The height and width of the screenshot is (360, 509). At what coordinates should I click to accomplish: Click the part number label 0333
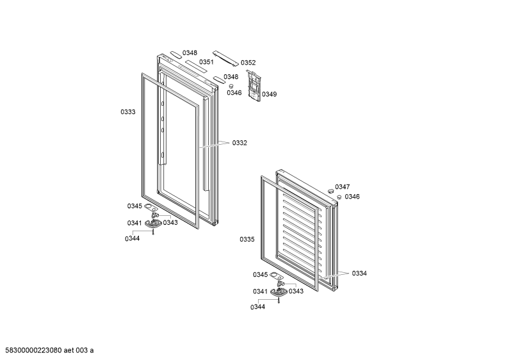[x=128, y=112]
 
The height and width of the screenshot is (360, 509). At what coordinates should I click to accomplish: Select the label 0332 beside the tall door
[x=239, y=143]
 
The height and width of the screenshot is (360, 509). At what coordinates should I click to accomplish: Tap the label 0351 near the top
[x=206, y=62]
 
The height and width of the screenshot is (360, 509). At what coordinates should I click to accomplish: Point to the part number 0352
[x=248, y=63]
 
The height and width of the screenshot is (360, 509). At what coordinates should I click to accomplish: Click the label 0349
[x=270, y=94]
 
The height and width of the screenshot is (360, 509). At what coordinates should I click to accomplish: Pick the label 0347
[x=343, y=187]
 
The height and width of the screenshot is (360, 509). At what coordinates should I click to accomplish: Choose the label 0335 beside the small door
[x=247, y=240]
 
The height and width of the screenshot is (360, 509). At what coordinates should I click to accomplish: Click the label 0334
[x=359, y=274]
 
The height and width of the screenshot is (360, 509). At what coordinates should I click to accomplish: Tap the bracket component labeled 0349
[x=254, y=84]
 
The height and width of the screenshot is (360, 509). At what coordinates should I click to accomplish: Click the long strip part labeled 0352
[x=226, y=58]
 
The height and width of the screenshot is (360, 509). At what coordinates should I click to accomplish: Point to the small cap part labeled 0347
[x=331, y=190]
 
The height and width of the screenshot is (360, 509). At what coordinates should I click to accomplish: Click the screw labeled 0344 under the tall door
[x=153, y=231]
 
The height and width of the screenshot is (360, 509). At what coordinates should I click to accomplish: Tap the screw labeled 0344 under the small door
[x=279, y=300]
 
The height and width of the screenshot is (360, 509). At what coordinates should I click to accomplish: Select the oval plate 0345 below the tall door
[x=149, y=206]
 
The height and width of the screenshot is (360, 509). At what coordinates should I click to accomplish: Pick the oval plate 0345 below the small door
[x=275, y=275]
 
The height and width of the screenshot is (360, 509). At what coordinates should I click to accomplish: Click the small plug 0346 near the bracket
[x=231, y=86]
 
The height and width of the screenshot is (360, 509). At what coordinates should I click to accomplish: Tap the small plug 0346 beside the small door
[x=339, y=197]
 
